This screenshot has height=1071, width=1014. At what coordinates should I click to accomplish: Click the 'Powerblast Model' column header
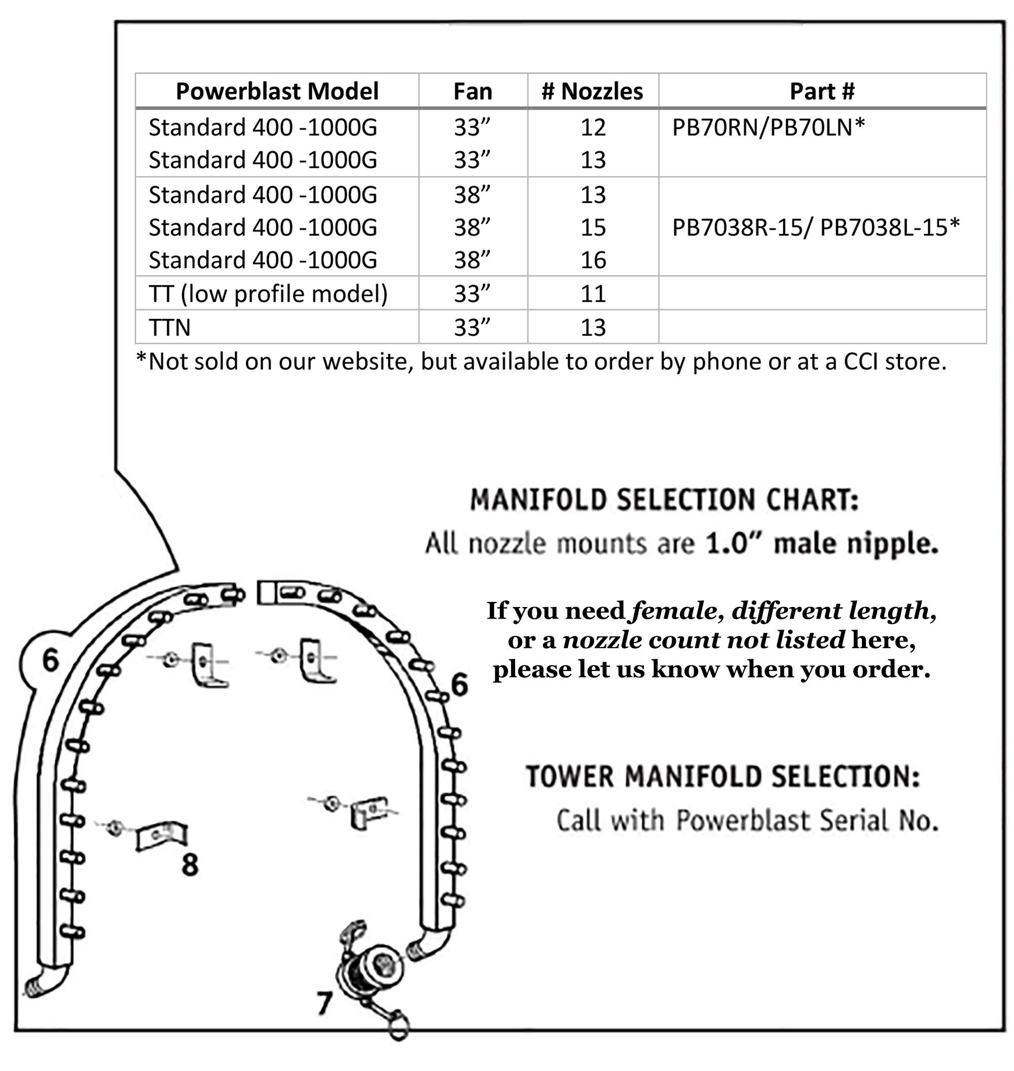point(277,91)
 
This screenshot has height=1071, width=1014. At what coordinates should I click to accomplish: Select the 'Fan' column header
point(473,91)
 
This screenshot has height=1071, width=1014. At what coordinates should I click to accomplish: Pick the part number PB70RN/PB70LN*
point(768,128)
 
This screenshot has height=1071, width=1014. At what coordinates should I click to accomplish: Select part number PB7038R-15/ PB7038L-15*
point(816,228)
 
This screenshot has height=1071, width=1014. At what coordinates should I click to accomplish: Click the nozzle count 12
point(593,128)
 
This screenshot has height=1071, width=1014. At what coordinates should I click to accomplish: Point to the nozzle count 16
point(593,260)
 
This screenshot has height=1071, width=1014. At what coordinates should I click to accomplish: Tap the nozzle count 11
point(593,294)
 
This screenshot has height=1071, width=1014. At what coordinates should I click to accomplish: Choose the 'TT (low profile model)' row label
point(268,294)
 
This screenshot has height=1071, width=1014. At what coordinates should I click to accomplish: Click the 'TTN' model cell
point(170,328)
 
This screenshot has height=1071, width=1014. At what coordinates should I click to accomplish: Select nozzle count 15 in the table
point(593,228)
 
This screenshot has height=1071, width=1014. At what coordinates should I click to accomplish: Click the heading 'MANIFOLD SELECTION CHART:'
point(664,499)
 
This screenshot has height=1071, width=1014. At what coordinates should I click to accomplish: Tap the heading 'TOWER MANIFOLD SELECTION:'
point(722,776)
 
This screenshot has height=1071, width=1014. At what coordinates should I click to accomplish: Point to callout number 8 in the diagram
point(190,865)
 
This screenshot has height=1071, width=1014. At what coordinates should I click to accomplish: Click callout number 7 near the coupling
point(324,1004)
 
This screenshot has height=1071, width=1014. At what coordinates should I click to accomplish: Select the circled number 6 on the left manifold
point(50,660)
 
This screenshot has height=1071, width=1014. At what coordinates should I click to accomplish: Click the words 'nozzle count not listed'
point(703,640)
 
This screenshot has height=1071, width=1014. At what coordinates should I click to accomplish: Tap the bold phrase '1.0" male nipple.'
point(821,543)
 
